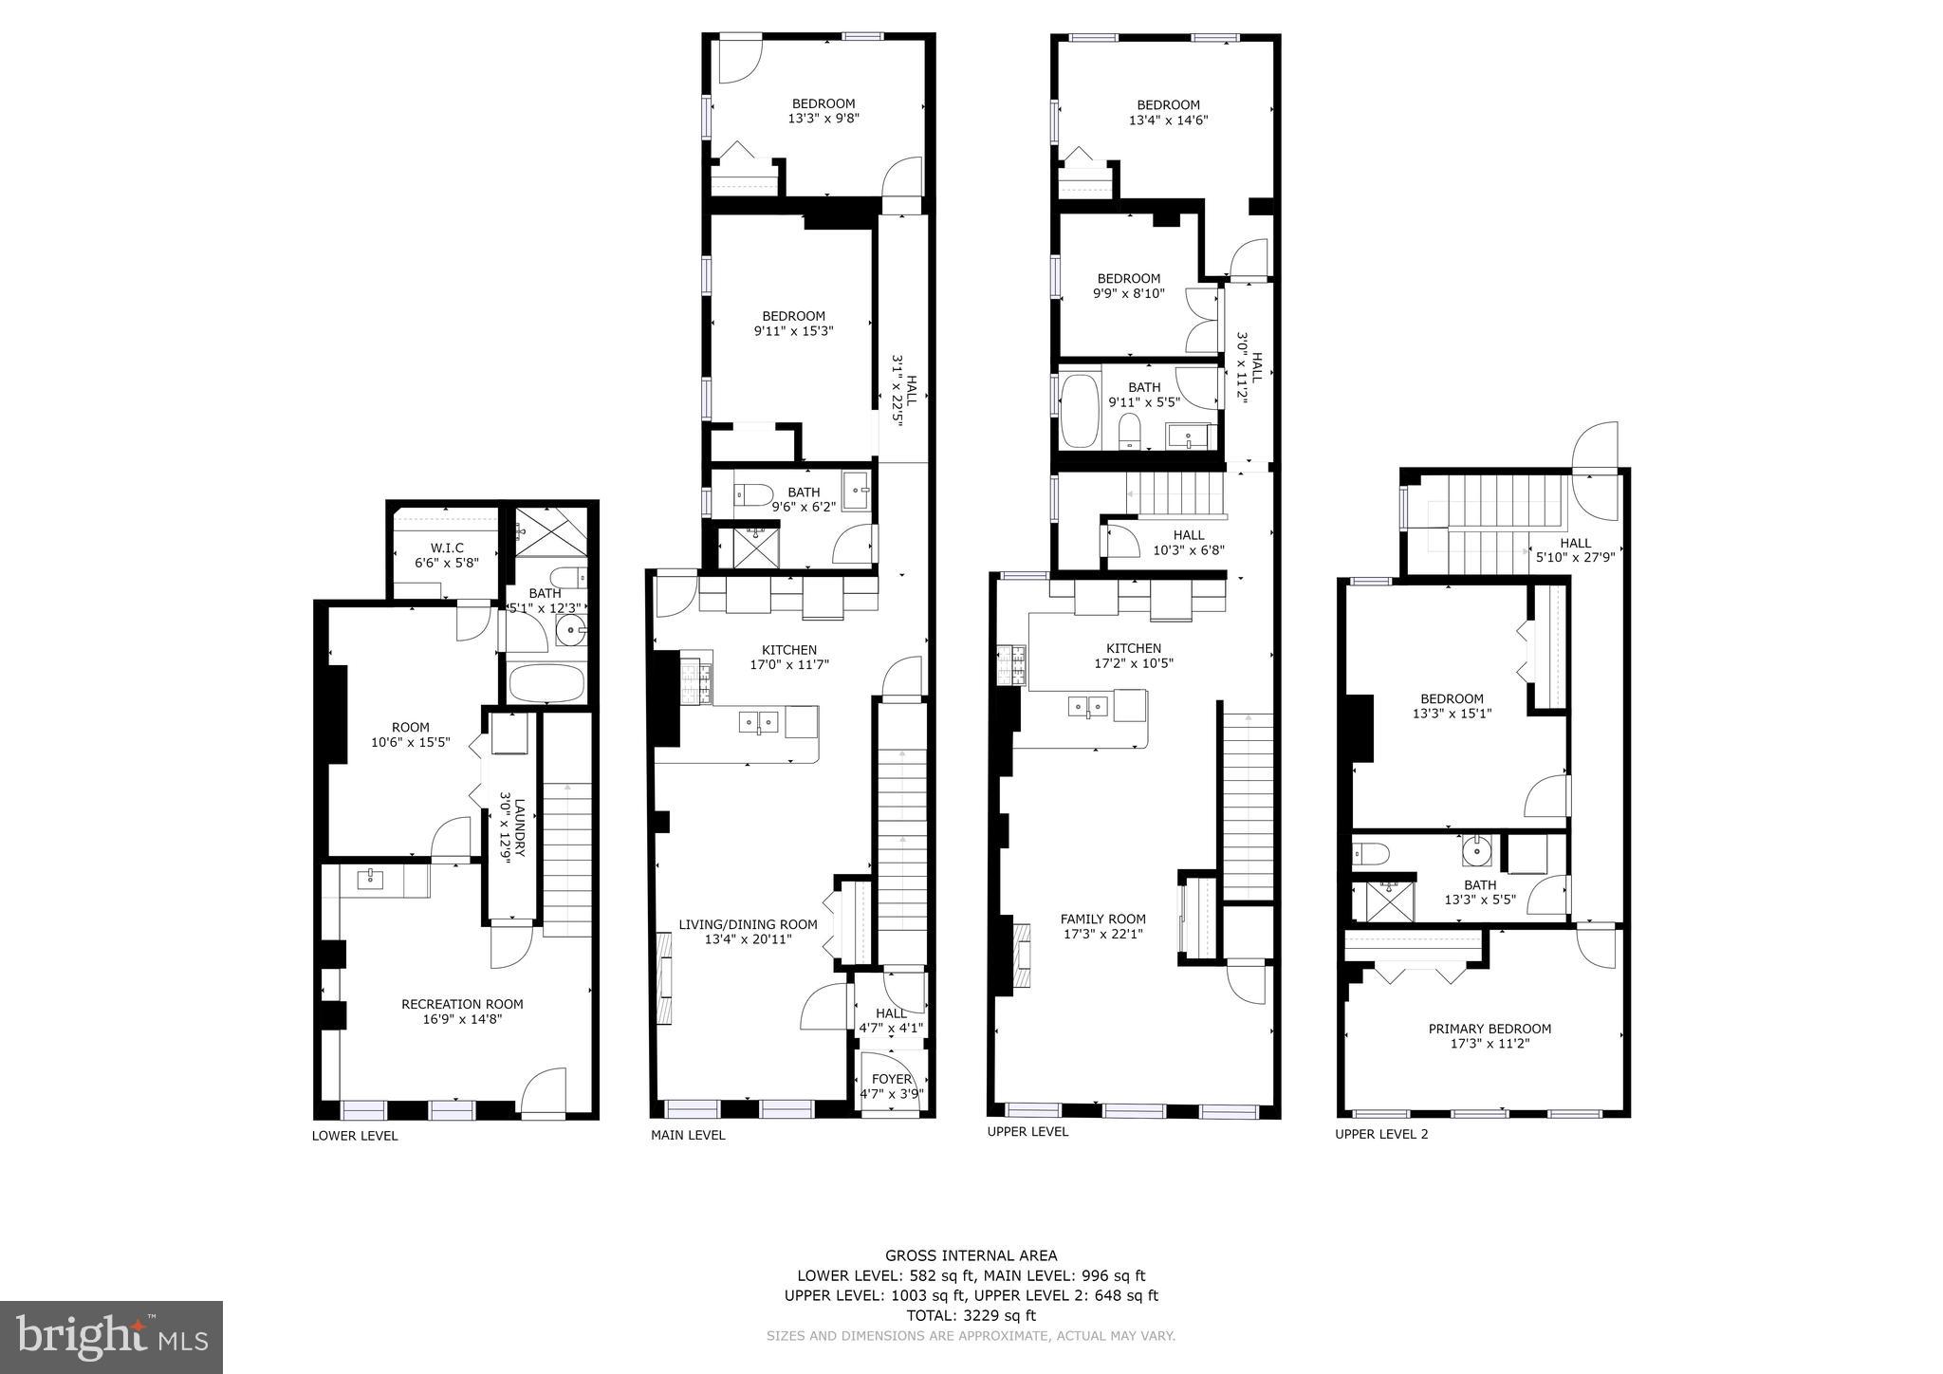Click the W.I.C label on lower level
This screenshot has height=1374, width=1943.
(447, 548)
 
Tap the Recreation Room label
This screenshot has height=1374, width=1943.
(462, 1004)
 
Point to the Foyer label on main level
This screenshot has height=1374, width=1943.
(891, 1079)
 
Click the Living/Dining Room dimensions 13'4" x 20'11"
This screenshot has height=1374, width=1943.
(748, 939)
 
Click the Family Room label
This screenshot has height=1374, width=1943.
(1102, 919)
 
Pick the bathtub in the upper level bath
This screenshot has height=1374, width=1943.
(1080, 411)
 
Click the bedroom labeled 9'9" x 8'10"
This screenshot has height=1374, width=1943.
(1128, 286)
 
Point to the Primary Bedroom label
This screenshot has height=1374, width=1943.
(1490, 1029)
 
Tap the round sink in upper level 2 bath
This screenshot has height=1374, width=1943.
(1476, 852)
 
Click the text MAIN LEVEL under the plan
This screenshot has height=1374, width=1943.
(688, 1135)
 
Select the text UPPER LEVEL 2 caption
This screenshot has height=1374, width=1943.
(1381, 1134)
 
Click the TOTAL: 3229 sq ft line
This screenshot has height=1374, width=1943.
(971, 1315)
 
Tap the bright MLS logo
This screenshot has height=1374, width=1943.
(112, 1337)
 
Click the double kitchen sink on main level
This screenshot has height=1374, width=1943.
(759, 723)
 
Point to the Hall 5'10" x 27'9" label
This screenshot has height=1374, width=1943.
(1575, 550)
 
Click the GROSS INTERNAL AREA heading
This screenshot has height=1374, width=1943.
(971, 1255)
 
